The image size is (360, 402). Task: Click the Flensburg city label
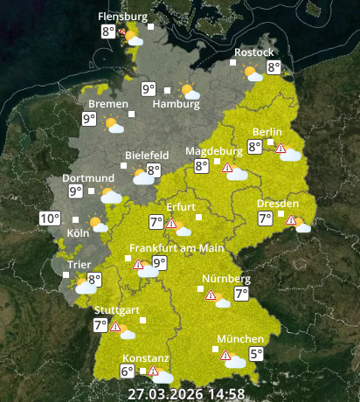(123, 16)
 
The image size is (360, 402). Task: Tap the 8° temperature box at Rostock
(273, 67)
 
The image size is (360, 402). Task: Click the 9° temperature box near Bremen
(89, 120)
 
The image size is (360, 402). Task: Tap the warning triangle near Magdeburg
(227, 167)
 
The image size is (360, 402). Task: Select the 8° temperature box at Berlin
(254, 147)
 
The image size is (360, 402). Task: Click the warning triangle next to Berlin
(280, 149)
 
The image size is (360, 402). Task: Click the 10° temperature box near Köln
(50, 218)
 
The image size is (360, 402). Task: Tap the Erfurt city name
(181, 206)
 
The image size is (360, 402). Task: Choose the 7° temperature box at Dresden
(265, 218)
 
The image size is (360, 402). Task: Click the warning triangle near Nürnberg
(211, 295)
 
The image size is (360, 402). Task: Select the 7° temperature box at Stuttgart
(101, 325)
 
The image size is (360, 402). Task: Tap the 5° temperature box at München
(256, 354)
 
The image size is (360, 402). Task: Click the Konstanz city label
(145, 357)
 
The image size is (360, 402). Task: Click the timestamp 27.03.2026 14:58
(185, 393)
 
